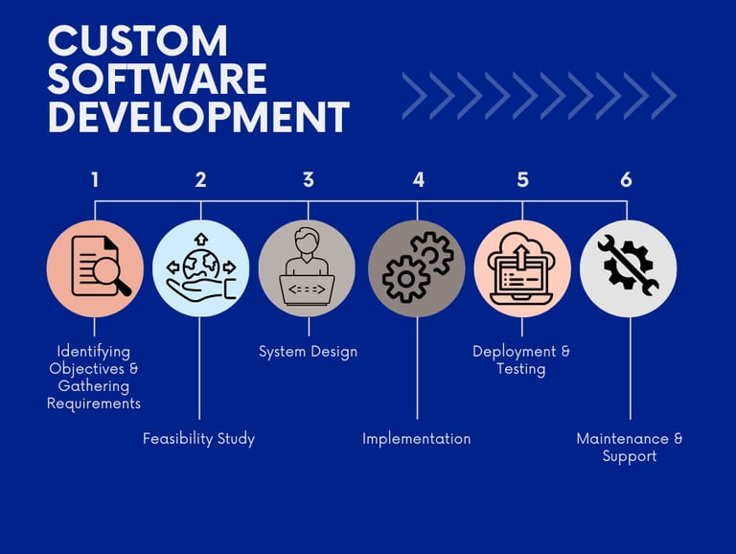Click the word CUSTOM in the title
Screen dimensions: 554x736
pyautogui.click(x=138, y=41)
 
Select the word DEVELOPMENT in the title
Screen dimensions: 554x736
pyautogui.click(x=198, y=118)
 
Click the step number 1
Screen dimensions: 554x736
pyautogui.click(x=95, y=179)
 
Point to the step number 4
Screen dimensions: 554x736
pyautogui.click(x=418, y=179)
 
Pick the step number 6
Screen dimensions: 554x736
pyautogui.click(x=626, y=179)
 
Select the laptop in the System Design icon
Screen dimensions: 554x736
pyautogui.click(x=307, y=288)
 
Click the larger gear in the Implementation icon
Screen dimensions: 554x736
pyautogui.click(x=405, y=279)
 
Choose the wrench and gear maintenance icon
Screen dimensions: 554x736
pyautogui.click(x=628, y=268)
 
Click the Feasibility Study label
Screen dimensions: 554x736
pyautogui.click(x=198, y=439)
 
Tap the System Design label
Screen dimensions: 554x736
pyautogui.click(x=308, y=352)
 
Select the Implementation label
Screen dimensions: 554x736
pyautogui.click(x=416, y=439)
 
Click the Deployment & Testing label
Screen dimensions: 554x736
pyautogui.click(x=521, y=360)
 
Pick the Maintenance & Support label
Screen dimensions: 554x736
pyautogui.click(x=630, y=448)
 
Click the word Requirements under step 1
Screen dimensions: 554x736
pyautogui.click(x=94, y=404)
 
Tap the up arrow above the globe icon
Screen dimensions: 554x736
pyautogui.click(x=200, y=239)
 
